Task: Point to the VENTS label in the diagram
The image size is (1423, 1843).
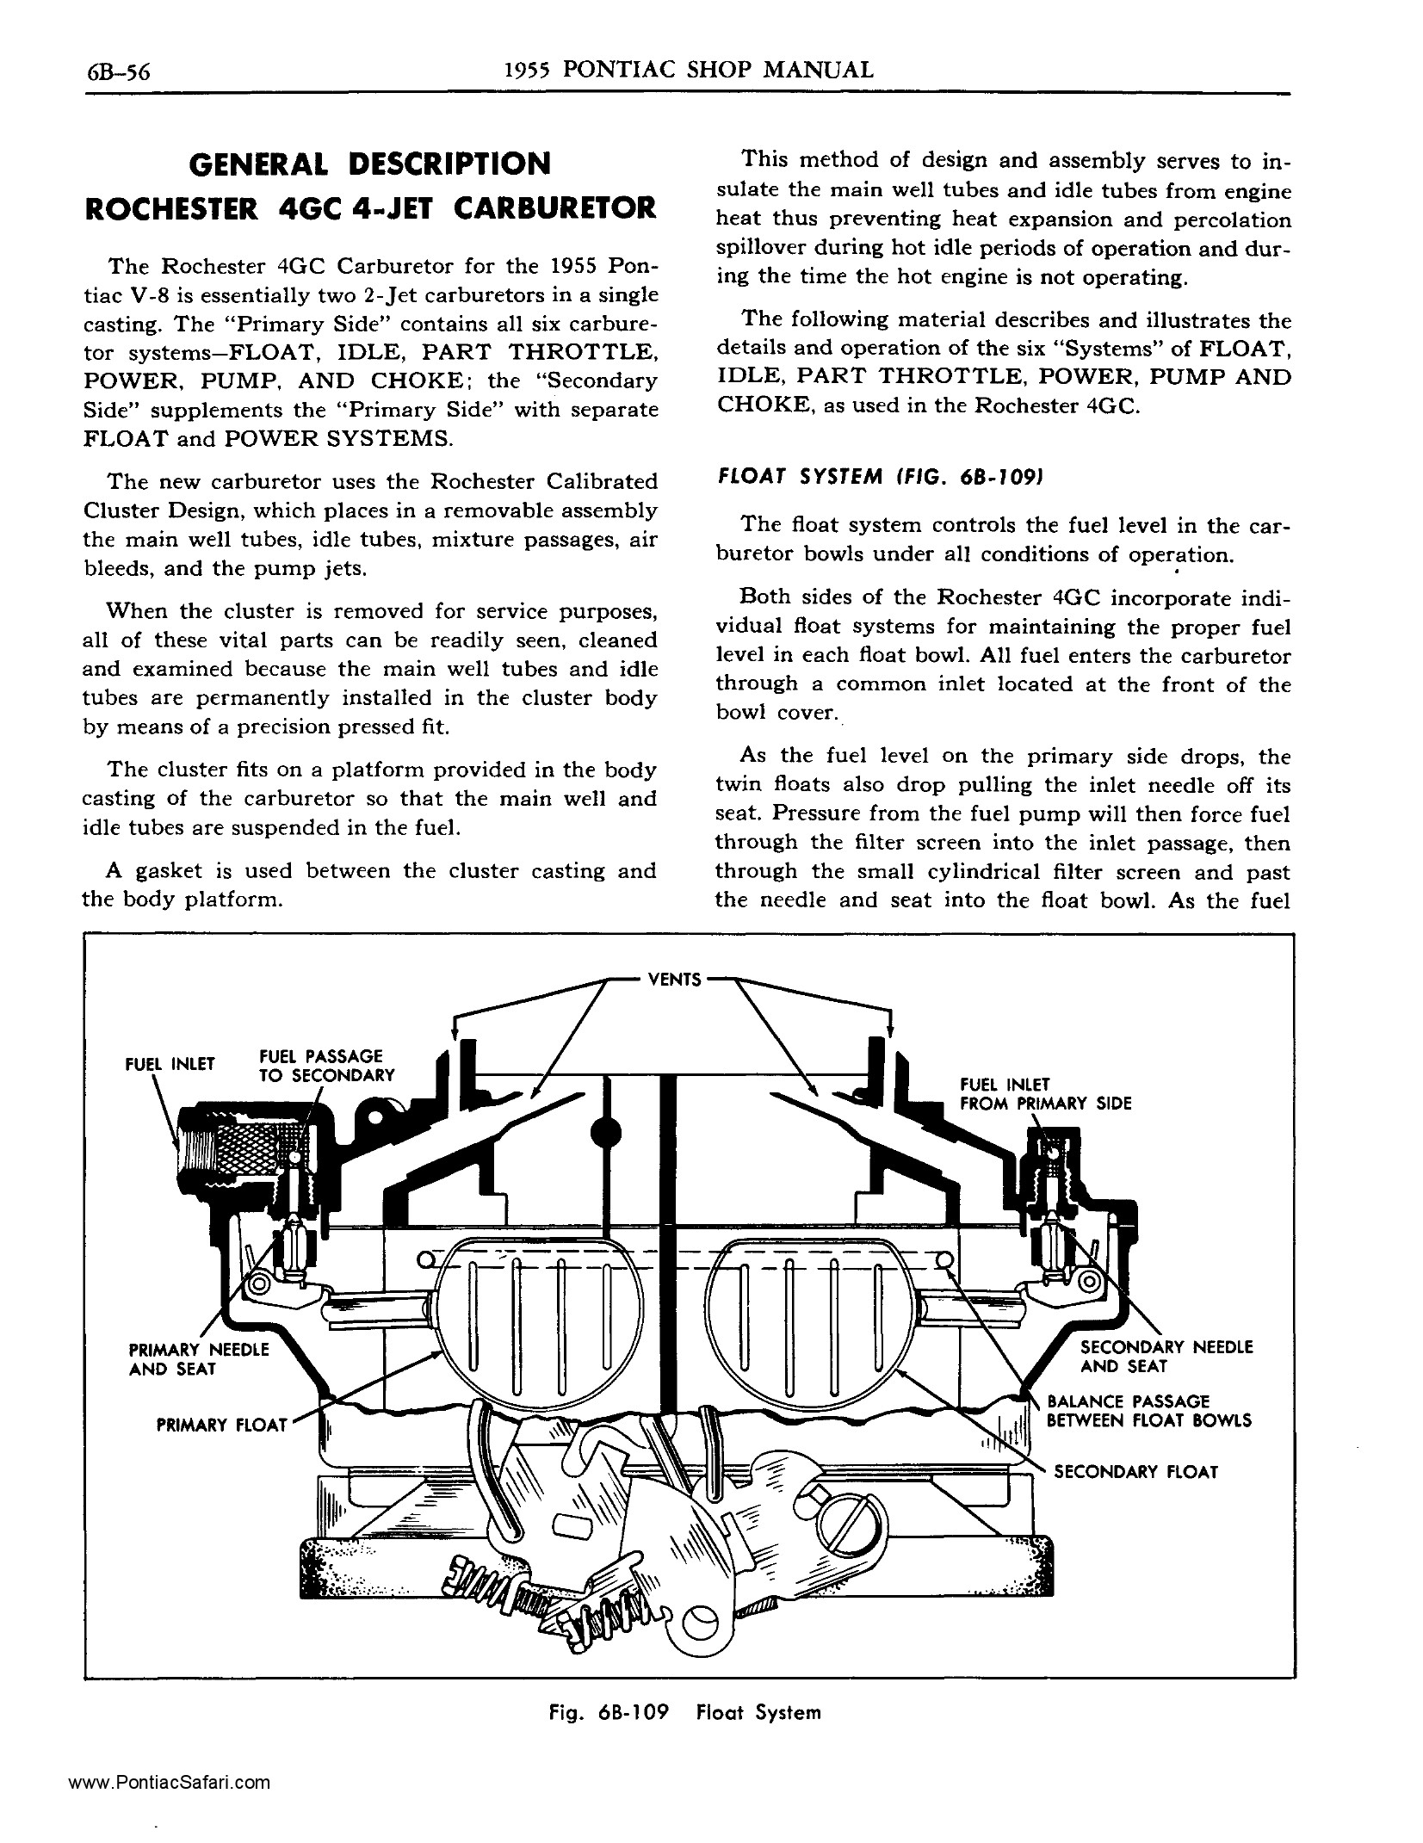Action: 674,979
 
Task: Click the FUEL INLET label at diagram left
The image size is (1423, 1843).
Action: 170,1064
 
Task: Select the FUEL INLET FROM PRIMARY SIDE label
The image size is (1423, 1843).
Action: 1044,1094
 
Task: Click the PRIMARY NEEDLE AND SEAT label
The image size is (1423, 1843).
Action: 198,1359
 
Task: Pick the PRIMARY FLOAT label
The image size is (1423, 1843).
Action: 221,1425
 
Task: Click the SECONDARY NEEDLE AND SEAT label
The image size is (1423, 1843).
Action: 1166,1357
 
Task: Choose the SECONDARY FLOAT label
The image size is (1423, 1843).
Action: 1135,1472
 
